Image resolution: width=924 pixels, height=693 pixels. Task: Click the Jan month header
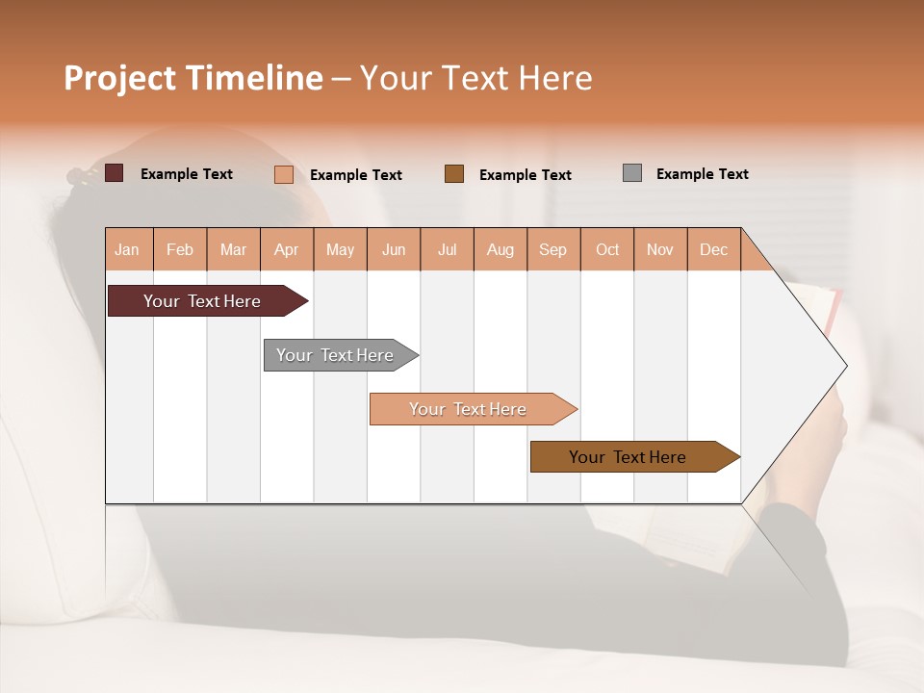coord(127,249)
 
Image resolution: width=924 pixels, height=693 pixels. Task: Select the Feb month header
coord(180,249)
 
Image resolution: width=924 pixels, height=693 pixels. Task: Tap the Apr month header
coord(286,249)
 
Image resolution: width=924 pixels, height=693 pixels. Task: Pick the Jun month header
coord(394,249)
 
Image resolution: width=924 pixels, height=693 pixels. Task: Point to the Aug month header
coord(500,249)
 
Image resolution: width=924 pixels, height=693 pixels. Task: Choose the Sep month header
coord(552,249)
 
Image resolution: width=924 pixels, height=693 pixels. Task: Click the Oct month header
coord(607,249)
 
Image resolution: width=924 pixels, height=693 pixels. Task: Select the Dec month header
coord(713,249)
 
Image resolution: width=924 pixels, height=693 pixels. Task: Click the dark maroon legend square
coord(114,173)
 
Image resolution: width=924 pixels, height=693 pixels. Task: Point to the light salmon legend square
coord(283,174)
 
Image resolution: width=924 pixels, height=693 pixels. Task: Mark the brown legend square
coord(454,174)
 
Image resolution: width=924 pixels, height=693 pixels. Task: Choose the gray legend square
coord(631,173)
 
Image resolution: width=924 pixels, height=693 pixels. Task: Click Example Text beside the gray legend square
coord(702,174)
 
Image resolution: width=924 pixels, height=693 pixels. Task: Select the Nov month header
coord(659,249)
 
